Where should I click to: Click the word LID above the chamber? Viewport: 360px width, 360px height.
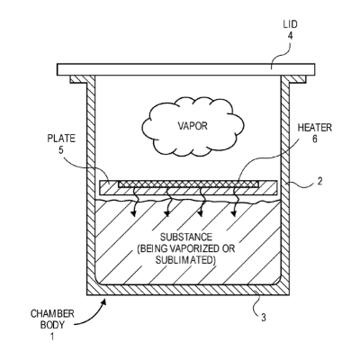coord(290,24)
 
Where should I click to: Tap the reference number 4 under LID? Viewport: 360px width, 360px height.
coord(290,36)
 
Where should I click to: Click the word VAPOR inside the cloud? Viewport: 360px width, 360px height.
coord(193,126)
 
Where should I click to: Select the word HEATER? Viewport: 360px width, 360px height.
coord(315,128)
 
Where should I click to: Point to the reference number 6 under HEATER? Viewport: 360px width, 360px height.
coord(315,139)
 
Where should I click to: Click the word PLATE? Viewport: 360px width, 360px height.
coord(61,139)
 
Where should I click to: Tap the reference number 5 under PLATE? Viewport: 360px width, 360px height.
coord(61,150)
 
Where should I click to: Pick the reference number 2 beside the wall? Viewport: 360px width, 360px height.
coord(319,181)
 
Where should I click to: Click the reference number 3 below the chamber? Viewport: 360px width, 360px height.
coord(263,318)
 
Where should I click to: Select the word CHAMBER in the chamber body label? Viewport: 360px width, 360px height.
coord(52,314)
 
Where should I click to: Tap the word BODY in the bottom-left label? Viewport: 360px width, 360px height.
coord(52,325)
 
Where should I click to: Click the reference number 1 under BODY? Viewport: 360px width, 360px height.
coord(52,337)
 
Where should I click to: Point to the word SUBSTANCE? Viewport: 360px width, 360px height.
coord(186,238)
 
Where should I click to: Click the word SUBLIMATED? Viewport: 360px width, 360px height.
coord(184,260)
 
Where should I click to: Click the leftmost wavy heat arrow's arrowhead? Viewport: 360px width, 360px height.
coord(132,213)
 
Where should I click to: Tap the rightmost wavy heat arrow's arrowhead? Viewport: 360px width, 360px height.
coord(233,213)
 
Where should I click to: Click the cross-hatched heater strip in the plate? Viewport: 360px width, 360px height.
coord(188,184)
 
